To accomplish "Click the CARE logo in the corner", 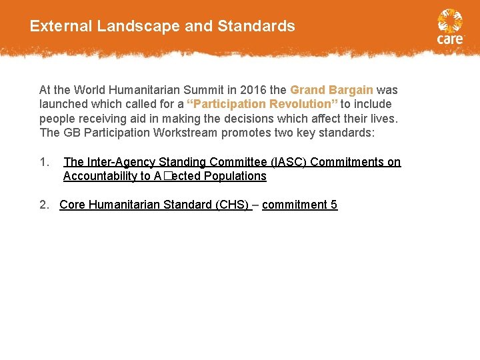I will [x=450, y=27].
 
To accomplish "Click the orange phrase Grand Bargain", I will [x=331, y=90].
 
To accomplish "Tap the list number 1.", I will [x=44, y=162].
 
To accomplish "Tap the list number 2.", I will [x=44, y=205].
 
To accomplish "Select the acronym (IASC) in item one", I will [x=286, y=162].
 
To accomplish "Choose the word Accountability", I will [x=99, y=176].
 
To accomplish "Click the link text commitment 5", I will [x=299, y=205].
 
